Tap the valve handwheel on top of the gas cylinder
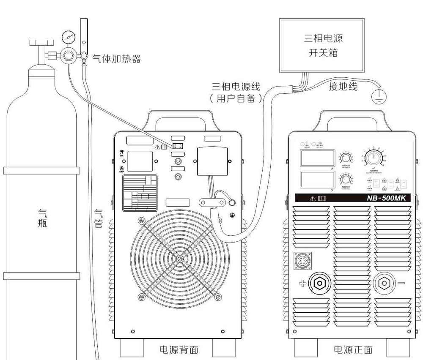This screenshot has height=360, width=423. click(41, 43)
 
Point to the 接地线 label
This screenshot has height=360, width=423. click(343, 87)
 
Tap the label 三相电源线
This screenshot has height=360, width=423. click(236, 87)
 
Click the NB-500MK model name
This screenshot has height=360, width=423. click(379, 198)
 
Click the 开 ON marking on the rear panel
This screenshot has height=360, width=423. click(121, 153)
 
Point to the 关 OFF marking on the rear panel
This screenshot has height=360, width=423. click(121, 170)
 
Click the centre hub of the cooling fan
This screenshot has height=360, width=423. click(180, 259)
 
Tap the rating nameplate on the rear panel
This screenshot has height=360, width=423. click(140, 193)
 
